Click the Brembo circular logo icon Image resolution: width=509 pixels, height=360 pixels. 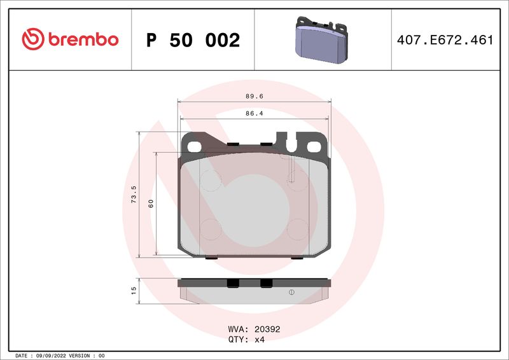click(x=33, y=39)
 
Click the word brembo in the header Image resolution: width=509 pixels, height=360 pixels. click(x=83, y=39)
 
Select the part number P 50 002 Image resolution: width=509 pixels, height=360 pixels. click(x=193, y=40)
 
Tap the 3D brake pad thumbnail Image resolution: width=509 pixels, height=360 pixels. click(x=321, y=39)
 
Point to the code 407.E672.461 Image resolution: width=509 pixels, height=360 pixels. click(x=445, y=40)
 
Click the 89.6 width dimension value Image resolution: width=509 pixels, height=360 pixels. click(x=254, y=97)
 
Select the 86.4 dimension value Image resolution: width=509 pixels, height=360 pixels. click(x=254, y=114)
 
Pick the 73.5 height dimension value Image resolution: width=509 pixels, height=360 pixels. click(x=134, y=195)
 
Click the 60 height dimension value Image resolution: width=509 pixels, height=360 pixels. click(x=151, y=204)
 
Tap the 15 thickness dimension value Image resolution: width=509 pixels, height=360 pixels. click(x=134, y=291)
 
